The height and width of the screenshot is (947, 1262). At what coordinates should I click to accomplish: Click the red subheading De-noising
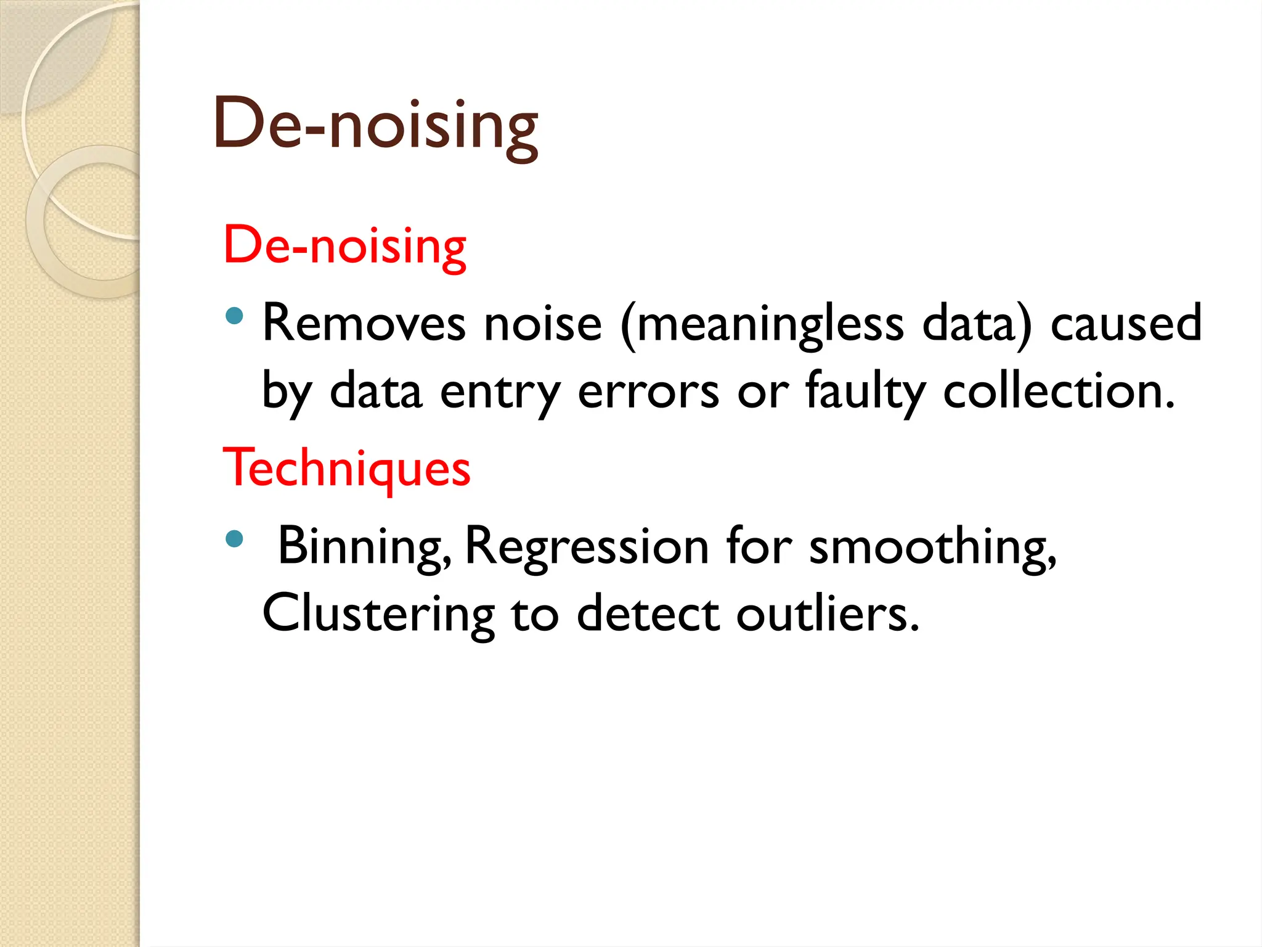[x=344, y=245]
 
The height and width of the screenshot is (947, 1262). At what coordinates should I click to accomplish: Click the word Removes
[x=364, y=323]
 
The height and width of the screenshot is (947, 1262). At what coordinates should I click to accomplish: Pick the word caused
[x=1126, y=323]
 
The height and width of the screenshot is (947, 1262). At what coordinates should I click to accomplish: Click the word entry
[x=500, y=392]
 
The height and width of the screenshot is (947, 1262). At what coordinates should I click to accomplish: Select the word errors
[x=648, y=392]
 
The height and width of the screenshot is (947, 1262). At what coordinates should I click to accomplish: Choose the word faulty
[x=865, y=391]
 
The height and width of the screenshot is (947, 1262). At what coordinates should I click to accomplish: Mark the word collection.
[x=1058, y=391]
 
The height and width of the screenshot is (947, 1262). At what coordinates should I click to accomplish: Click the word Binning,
[x=364, y=546]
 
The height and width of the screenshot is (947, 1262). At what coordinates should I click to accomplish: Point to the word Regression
[x=587, y=546]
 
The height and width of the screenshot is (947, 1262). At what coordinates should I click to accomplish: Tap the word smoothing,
[x=932, y=546]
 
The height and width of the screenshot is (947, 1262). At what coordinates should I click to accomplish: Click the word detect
[x=648, y=614]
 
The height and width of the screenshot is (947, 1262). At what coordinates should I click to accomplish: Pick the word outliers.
[x=828, y=614]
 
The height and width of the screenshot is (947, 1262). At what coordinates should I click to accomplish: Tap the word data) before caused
[x=977, y=324]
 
